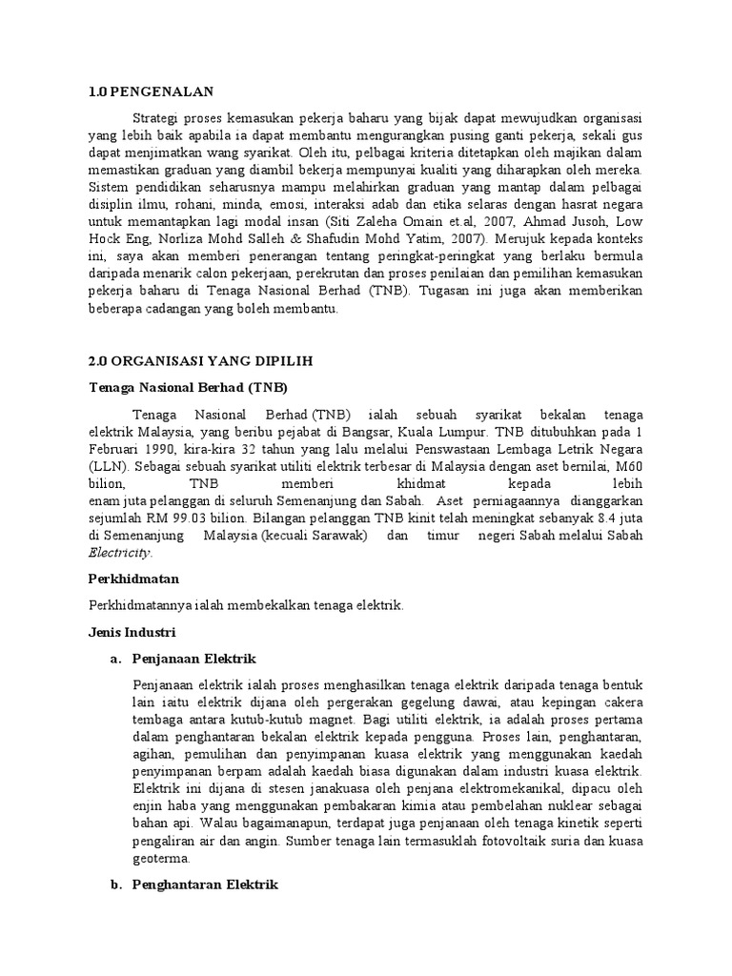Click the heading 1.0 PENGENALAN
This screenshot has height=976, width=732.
(x=152, y=91)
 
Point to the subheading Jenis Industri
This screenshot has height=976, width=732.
(x=132, y=632)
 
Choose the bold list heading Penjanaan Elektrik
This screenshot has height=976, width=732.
(x=194, y=659)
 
